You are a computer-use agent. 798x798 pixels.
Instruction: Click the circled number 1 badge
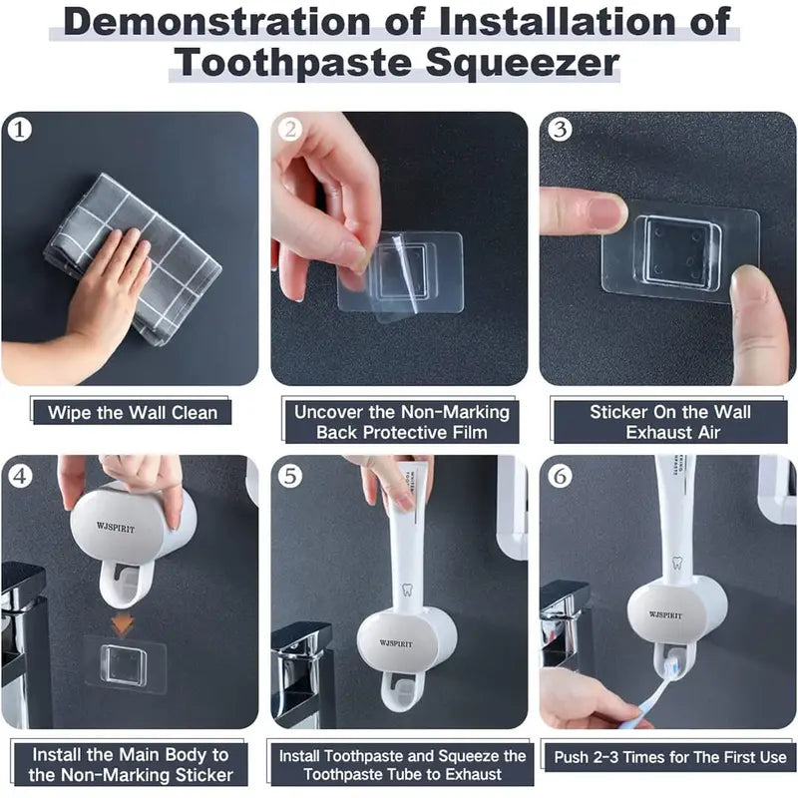[20, 130]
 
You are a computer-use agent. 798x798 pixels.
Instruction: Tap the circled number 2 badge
[290, 130]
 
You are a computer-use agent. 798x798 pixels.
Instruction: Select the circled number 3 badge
[560, 129]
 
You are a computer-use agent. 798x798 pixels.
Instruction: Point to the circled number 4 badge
[20, 476]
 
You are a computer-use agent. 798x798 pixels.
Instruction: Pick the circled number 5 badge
[290, 476]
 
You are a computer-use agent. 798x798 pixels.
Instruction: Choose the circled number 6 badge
[560, 476]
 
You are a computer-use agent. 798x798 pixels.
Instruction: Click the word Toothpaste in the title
[292, 64]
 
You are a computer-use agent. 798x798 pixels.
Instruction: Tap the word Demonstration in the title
[216, 21]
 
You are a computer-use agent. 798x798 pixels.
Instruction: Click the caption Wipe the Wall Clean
[133, 412]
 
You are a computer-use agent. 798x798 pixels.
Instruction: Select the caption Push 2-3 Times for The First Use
[670, 757]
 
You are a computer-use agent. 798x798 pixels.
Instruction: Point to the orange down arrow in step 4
[123, 624]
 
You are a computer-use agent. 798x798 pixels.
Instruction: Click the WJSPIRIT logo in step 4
[116, 527]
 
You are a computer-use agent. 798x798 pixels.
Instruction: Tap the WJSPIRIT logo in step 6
[665, 614]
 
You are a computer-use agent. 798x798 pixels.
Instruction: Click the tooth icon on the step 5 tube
[406, 589]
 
